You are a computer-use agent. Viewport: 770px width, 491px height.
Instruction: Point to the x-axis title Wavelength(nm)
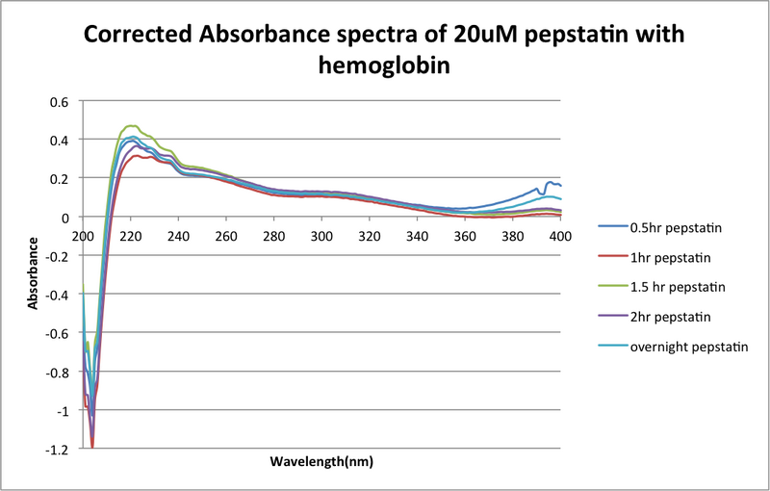click(321, 461)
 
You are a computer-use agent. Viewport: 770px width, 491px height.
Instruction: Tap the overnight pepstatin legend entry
click(690, 346)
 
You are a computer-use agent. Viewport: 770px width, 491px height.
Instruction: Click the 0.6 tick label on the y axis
click(60, 101)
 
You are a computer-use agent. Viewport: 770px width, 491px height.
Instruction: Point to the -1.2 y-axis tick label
click(57, 449)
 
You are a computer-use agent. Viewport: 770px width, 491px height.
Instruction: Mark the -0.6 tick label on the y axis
click(57, 333)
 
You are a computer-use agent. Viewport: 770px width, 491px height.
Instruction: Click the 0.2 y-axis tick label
click(60, 178)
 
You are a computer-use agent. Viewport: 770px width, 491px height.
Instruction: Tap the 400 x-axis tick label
click(561, 235)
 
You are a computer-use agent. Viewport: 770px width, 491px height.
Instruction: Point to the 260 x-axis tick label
click(226, 235)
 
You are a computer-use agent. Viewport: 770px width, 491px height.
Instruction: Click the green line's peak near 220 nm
click(130, 126)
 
